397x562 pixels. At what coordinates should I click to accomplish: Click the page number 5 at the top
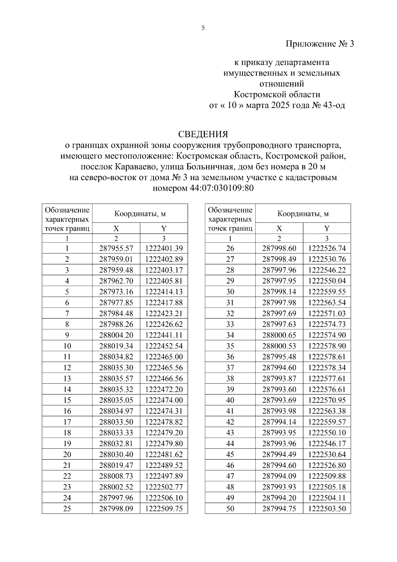[x=203, y=28]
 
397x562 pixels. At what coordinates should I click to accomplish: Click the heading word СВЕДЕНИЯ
[x=203, y=134]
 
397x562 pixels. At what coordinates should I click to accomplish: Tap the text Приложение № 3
[x=320, y=44]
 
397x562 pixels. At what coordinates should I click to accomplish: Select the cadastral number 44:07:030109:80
[x=222, y=188]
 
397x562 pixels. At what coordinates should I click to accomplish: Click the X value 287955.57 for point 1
[x=116, y=248]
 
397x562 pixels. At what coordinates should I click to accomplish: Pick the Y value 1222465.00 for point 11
[x=164, y=357]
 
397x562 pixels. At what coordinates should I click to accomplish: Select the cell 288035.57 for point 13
[x=116, y=379]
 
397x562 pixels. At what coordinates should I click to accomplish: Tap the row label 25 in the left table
[x=67, y=509]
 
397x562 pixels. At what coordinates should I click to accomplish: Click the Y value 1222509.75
[x=164, y=509]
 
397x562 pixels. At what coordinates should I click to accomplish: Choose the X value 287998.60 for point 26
[x=279, y=248]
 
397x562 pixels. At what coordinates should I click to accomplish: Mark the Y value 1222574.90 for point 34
[x=327, y=335]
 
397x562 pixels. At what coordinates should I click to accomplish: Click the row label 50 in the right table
[x=230, y=509]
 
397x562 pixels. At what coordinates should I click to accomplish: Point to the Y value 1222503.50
[x=327, y=509]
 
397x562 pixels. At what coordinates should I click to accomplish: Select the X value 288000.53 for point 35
[x=279, y=346]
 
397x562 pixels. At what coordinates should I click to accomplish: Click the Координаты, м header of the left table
[x=140, y=214]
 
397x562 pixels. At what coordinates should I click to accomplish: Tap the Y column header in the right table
[x=327, y=229]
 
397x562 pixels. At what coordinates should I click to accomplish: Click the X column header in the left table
[x=116, y=229]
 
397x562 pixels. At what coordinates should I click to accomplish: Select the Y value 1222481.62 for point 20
[x=164, y=454]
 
